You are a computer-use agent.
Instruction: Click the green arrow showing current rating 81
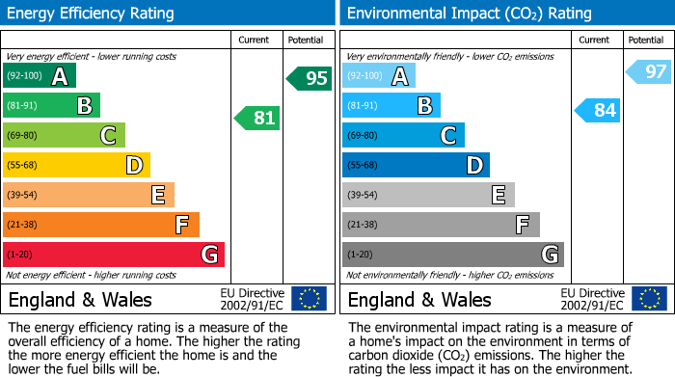click(257, 119)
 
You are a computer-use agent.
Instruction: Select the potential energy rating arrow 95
click(310, 78)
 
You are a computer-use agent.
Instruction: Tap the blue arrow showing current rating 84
click(597, 110)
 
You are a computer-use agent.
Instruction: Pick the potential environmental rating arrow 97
click(649, 71)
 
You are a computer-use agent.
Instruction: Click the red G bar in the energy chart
click(114, 255)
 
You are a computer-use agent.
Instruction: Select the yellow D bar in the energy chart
click(77, 165)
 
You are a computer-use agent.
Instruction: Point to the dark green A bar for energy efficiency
click(40, 76)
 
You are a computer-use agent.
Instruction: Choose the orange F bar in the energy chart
click(101, 225)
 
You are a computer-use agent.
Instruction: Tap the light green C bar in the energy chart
click(65, 135)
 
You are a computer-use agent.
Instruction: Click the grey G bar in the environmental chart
click(453, 255)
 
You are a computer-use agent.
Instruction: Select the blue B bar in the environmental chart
click(391, 105)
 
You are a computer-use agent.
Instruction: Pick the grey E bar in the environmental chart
click(428, 195)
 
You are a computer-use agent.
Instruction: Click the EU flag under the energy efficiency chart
click(309, 298)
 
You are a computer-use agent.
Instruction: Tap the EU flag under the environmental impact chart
click(649, 298)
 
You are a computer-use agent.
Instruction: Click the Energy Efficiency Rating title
click(92, 13)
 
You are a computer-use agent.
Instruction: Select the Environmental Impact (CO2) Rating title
click(469, 13)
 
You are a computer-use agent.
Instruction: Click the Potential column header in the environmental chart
click(646, 40)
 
